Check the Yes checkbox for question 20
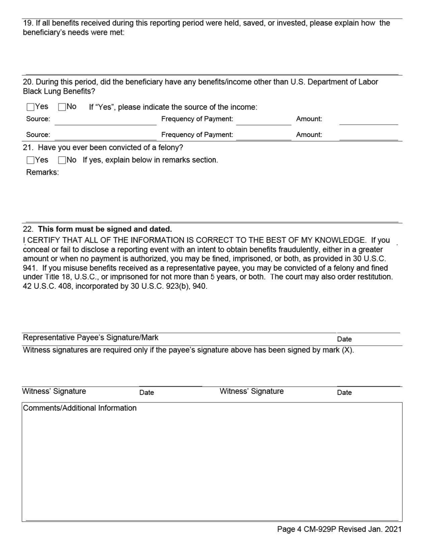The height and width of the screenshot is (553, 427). [x=31, y=107]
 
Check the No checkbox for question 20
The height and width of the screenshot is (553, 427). [x=62, y=107]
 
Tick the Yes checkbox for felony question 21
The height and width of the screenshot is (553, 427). [x=31, y=160]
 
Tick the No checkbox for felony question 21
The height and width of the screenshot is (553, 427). [x=62, y=160]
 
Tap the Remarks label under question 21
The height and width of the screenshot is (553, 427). [x=42, y=173]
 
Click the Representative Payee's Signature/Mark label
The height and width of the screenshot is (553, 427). [x=90, y=338]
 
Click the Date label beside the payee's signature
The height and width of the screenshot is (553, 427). [x=344, y=339]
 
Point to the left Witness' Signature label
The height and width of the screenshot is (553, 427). [x=54, y=392]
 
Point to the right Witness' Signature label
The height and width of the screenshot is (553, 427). [x=252, y=392]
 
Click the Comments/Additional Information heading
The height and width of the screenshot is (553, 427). [x=80, y=408]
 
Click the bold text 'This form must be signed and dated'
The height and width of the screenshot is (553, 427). [x=105, y=229]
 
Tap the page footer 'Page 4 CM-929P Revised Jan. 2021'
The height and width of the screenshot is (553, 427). [x=339, y=530]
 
